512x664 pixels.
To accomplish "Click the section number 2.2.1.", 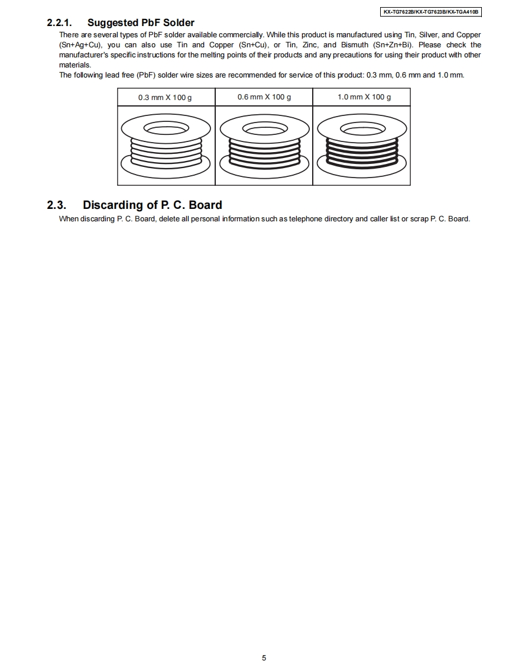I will (59, 23).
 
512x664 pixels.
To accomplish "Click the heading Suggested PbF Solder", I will (141, 23).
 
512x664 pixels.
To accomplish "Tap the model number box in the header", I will (431, 11).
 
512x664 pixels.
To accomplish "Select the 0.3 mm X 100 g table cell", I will (165, 97).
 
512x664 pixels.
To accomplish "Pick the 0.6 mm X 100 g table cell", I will (264, 97).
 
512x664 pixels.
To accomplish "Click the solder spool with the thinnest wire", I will (166, 145).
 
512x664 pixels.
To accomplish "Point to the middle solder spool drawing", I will (264, 145).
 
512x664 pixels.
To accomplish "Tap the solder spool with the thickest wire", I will (362, 145).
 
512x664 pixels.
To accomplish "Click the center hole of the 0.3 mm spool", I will (166, 128).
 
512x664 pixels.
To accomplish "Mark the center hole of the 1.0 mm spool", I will (362, 128).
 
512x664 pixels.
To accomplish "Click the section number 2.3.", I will (57, 205).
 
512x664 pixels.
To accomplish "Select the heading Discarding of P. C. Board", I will (153, 205).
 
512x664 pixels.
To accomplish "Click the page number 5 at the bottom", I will (264, 657).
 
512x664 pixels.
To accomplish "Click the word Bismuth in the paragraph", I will (353, 45).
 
